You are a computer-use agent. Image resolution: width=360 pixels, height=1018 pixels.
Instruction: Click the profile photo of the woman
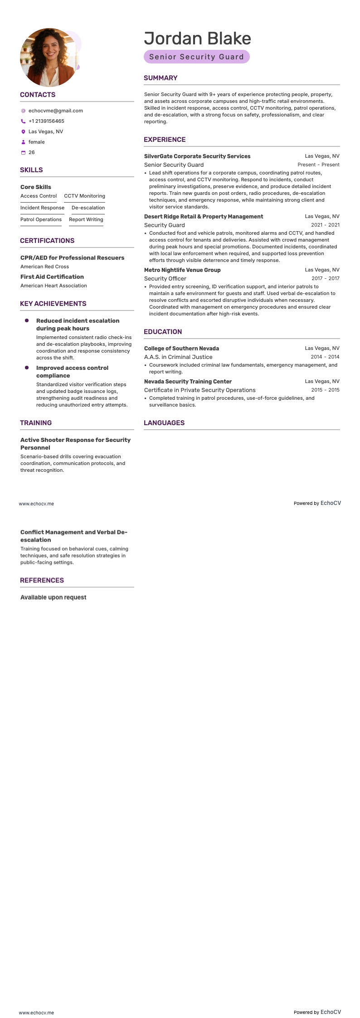[x=49, y=58]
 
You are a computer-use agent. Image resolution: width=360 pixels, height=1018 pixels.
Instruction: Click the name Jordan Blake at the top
[x=197, y=39]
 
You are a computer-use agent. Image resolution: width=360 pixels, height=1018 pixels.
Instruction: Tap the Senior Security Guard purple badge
[x=196, y=57]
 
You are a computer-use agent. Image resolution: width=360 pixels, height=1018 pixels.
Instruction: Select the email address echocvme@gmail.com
[x=55, y=111]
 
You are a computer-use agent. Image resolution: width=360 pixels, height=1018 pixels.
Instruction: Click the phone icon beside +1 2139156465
[x=23, y=121]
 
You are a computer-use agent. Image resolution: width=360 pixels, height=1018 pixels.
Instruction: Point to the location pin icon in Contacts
[x=23, y=131]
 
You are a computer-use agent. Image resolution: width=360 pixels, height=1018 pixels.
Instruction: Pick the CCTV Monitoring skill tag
[x=84, y=196]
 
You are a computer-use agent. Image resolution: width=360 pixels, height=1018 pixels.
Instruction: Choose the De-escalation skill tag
[x=88, y=208]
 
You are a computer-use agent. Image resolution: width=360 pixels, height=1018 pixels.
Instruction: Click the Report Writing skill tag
[x=86, y=219]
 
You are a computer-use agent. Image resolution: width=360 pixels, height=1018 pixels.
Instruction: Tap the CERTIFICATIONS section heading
[x=47, y=241]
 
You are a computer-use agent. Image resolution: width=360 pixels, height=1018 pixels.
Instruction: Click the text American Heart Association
[x=54, y=286]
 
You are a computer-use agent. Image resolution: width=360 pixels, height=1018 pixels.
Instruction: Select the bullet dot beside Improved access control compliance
[x=27, y=368]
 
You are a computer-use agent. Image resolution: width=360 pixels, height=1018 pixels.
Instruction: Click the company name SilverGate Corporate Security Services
[x=197, y=156]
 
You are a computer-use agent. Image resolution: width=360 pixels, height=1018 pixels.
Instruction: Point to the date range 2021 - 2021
[x=325, y=225]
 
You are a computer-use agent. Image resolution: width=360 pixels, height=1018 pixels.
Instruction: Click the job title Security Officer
[x=165, y=278]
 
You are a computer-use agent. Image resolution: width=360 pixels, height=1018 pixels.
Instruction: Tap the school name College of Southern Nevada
[x=181, y=349]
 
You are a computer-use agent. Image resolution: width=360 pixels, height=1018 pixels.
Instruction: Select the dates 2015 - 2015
[x=325, y=390]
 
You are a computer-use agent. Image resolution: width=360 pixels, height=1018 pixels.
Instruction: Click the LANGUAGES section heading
[x=164, y=423]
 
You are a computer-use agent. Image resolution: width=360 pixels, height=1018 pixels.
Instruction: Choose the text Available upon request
[x=53, y=597]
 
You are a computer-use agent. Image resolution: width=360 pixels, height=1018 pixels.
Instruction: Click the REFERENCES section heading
[x=42, y=580]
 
